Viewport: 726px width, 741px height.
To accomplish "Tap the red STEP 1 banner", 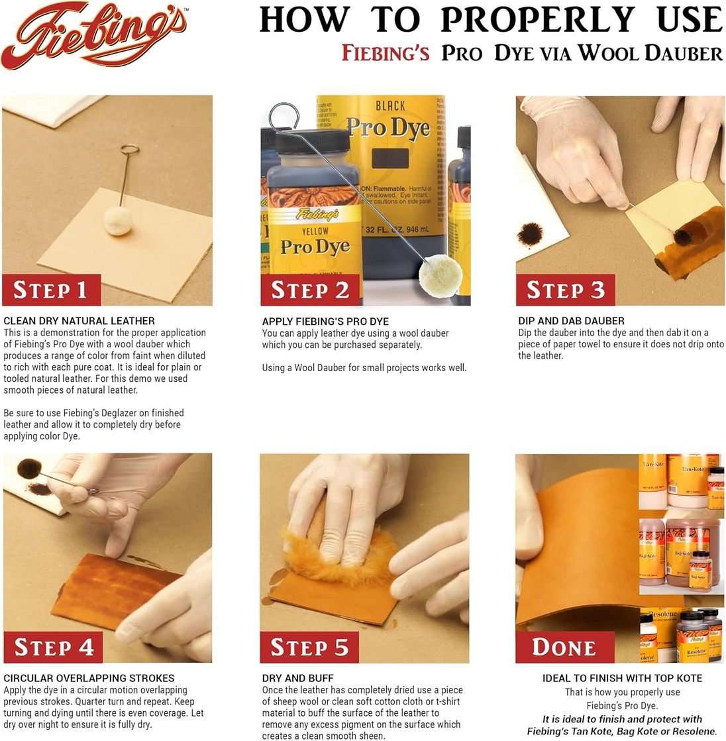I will [51, 290].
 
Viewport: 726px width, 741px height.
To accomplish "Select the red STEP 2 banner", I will [310, 290].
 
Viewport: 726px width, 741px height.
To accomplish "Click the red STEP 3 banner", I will [565, 290].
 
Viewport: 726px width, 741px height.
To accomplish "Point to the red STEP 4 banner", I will [53, 647].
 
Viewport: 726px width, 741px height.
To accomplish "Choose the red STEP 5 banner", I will [309, 647].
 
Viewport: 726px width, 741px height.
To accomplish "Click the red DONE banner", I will [564, 647].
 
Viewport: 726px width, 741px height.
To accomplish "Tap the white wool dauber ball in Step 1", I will [119, 220].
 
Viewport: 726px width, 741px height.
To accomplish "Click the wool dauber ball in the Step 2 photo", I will [441, 274].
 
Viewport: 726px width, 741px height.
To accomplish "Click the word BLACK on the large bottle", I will [390, 106].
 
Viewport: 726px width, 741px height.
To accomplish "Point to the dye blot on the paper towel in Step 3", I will [530, 233].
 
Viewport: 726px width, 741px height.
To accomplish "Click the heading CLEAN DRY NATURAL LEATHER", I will [79, 321].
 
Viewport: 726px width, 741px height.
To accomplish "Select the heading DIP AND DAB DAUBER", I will [571, 321].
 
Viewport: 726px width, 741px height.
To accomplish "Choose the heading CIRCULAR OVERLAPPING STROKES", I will [89, 678].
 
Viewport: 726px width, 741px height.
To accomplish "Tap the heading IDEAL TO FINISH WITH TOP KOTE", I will [622, 678].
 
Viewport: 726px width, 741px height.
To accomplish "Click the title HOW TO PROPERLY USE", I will [490, 20].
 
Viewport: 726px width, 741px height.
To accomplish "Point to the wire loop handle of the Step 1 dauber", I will [130, 149].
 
